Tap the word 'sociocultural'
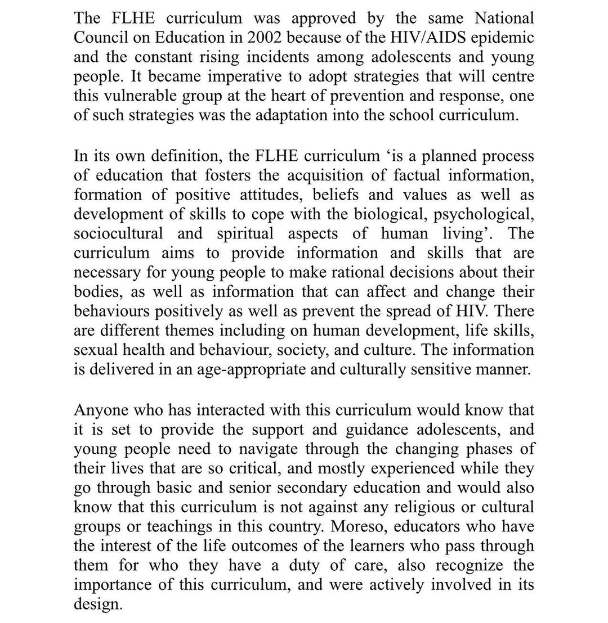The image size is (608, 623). pos(118,233)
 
